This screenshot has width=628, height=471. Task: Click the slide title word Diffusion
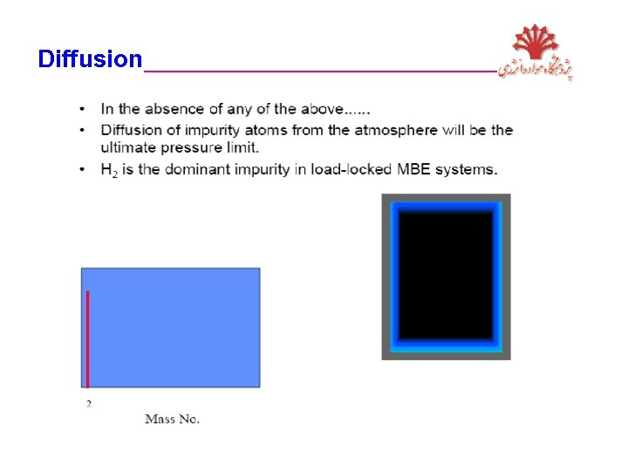click(89, 59)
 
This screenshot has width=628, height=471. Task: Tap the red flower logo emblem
click(534, 44)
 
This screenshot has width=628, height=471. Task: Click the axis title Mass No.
click(172, 420)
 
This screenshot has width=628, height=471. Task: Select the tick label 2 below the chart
click(88, 403)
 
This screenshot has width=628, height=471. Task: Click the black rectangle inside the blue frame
click(446, 276)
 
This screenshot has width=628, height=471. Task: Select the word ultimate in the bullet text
click(128, 147)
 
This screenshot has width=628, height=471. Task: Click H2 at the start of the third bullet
click(108, 170)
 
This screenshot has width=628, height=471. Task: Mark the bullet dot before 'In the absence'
click(81, 110)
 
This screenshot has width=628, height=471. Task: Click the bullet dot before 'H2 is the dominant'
click(81, 169)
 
